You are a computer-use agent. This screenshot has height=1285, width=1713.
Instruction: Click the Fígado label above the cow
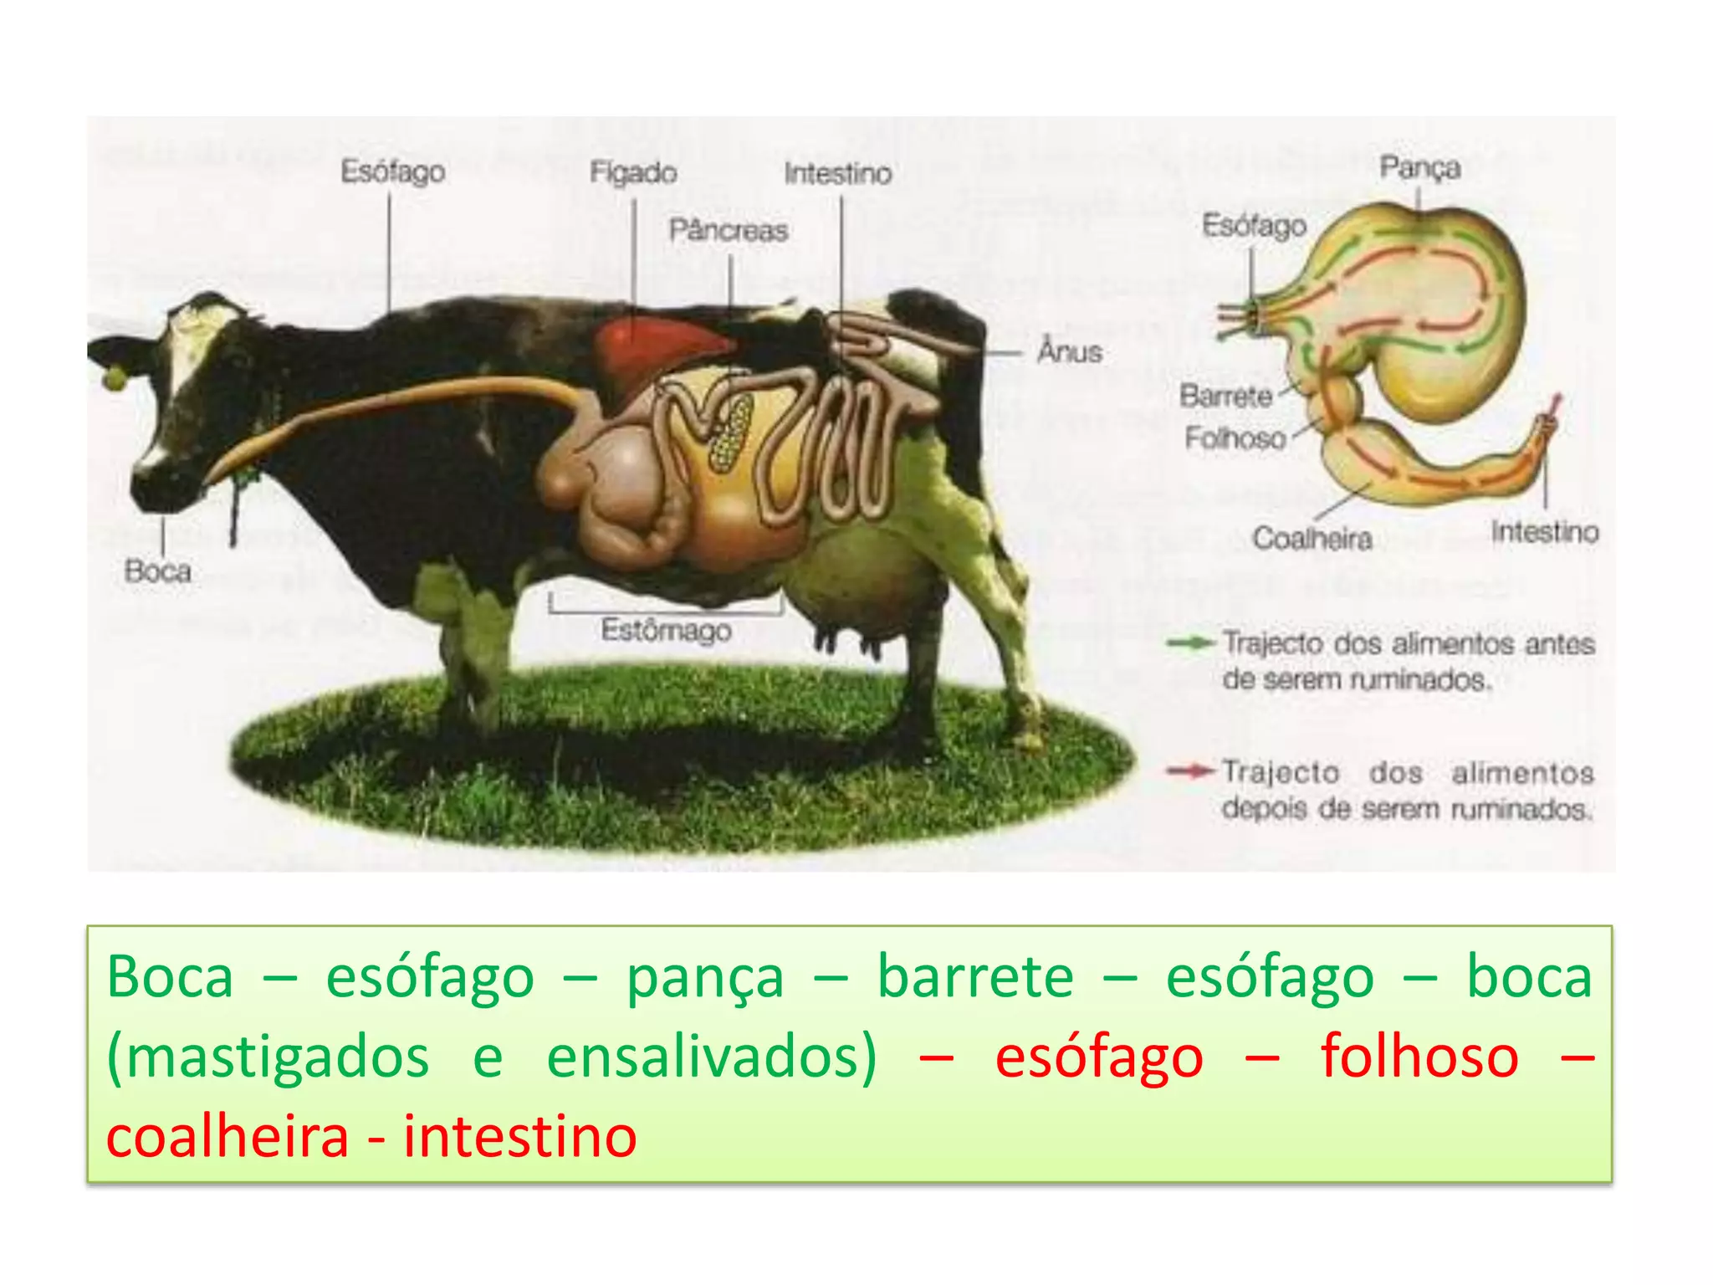coord(633,172)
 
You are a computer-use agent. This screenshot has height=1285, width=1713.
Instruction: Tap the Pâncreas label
coord(729,230)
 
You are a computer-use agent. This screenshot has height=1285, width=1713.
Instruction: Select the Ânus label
coord(1070,351)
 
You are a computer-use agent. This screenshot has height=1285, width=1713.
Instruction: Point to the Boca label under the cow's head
coord(157,571)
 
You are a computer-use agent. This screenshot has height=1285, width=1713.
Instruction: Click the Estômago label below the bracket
coord(666,630)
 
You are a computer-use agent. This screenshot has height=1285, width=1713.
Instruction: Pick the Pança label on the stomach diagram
coord(1419,167)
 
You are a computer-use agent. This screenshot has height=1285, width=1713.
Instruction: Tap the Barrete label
coord(1225,395)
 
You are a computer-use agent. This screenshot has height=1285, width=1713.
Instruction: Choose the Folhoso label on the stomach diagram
coord(1235,438)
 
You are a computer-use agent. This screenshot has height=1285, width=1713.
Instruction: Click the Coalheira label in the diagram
coord(1312,538)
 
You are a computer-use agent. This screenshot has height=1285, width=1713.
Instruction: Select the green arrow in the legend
coord(1190,642)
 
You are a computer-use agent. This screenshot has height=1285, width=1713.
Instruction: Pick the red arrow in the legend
coord(1190,770)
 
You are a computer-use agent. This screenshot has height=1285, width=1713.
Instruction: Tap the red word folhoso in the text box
coord(1419,1057)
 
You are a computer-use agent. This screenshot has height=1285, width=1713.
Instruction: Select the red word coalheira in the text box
coord(228,1137)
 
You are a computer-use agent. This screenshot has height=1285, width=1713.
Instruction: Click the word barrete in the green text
coord(974,976)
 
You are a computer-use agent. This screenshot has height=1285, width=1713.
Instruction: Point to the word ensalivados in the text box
coord(711,1057)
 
